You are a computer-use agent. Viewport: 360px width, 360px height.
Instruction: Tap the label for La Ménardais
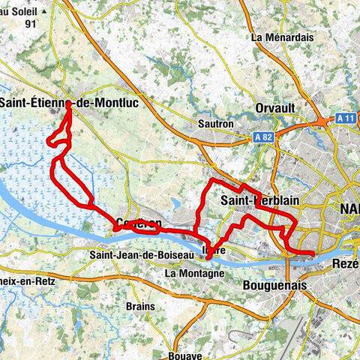tap(280, 37)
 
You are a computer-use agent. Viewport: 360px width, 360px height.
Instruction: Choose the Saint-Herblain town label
tap(255, 200)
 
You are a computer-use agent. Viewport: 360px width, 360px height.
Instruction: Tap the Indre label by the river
tap(217, 251)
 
